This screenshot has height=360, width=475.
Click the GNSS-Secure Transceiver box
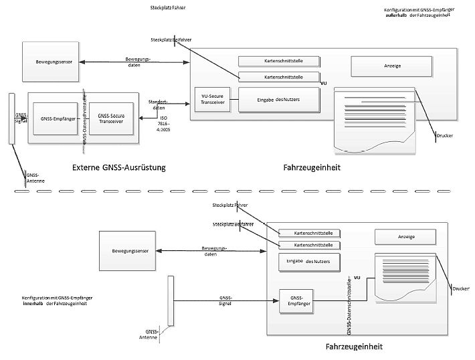tap(111, 118)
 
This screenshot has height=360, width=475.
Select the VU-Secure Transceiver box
tap(211, 99)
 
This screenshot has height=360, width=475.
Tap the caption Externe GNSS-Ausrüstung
tap(119, 167)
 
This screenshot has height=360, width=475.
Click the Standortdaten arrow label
tap(159, 104)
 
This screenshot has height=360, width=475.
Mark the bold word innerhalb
tap(32, 303)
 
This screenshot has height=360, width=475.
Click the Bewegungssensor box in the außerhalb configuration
tap(52, 62)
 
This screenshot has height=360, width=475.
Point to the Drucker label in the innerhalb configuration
tap(461, 289)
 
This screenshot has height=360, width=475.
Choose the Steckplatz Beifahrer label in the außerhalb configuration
tap(172, 39)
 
